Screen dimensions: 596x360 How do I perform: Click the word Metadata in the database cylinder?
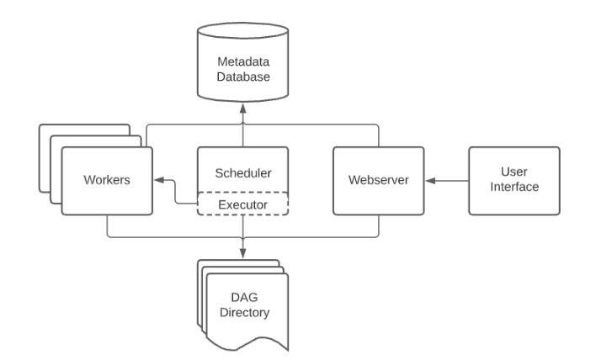coord(243,61)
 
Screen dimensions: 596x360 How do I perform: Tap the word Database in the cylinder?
coord(243,77)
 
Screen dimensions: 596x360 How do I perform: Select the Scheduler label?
coord(243,173)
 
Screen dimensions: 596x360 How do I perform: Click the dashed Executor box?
coord(243,204)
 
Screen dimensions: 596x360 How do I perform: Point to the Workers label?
coord(107,180)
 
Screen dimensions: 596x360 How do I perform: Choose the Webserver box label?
coord(379,180)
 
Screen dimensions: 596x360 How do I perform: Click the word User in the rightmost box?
coord(514,172)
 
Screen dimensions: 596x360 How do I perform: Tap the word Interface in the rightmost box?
coord(514,187)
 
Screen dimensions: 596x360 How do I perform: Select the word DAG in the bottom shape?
coord(244,297)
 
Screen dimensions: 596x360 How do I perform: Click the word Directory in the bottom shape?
coord(244,313)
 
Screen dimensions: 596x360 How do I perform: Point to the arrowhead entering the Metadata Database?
coord(243,109)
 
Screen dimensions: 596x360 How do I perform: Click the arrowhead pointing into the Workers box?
coord(159,180)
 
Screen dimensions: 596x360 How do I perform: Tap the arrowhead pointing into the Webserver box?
coord(430,181)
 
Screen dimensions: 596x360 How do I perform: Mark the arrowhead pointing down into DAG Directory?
coord(243,253)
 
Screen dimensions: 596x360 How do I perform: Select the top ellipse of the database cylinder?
coord(243,30)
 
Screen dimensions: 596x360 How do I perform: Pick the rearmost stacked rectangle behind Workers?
coord(84,124)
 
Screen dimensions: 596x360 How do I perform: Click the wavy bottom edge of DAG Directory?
coord(247,343)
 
